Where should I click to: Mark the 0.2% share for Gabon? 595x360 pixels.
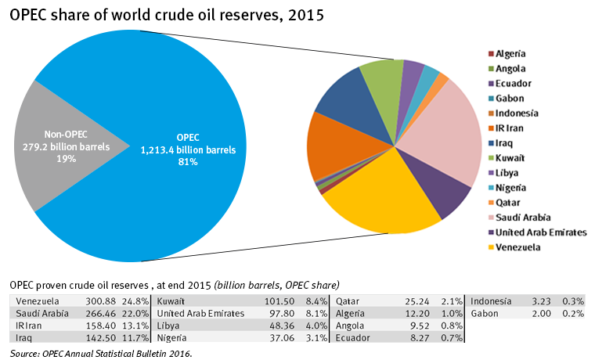click(x=574, y=313)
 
